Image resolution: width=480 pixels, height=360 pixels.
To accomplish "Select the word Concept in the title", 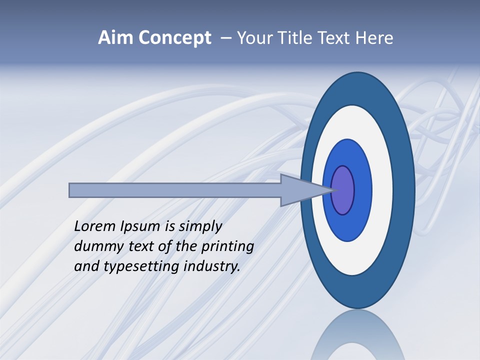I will [x=174, y=38].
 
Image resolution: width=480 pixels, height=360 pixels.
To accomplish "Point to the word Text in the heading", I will [x=335, y=38].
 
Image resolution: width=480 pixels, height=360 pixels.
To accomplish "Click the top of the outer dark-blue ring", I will [x=358, y=87].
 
